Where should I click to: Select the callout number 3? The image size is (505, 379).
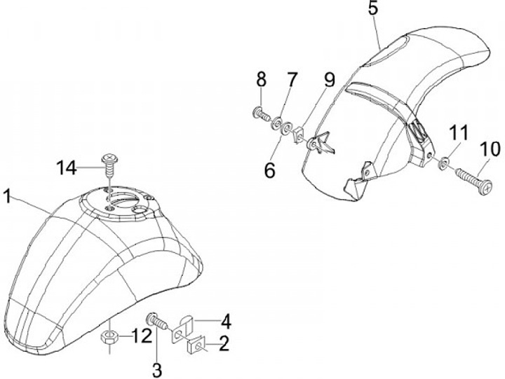(157, 367)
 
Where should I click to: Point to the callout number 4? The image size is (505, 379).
(226, 323)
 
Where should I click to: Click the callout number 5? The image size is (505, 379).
(372, 10)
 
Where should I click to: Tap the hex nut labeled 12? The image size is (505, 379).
(111, 336)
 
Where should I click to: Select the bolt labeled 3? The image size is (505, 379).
(158, 323)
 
